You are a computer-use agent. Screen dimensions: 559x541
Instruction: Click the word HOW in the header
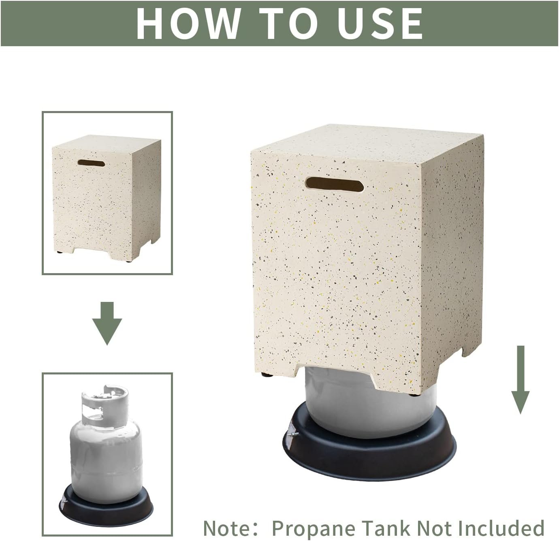(188, 24)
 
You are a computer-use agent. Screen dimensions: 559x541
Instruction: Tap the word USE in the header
(380, 24)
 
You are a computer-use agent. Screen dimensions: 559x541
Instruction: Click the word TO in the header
(288, 24)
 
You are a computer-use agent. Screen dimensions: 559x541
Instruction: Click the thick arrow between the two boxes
(107, 323)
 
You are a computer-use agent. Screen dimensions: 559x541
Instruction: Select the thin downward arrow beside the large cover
(520, 380)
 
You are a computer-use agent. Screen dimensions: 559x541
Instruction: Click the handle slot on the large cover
(334, 184)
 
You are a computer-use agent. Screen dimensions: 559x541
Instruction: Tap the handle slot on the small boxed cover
(92, 163)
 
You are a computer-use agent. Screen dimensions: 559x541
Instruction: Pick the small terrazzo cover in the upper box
(107, 198)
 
